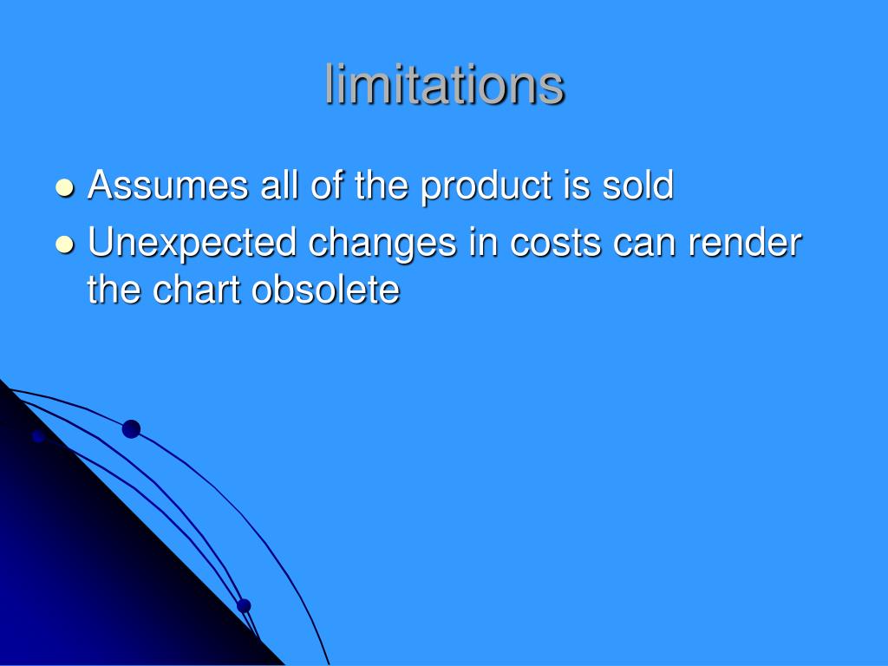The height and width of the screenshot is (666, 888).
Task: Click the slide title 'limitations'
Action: (x=445, y=85)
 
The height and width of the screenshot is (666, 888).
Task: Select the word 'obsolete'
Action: (x=326, y=290)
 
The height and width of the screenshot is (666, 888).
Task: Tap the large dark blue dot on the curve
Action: (x=131, y=428)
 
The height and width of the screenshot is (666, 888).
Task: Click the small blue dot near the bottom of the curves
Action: (x=244, y=605)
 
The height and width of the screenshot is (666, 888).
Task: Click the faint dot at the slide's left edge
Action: (x=37, y=436)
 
